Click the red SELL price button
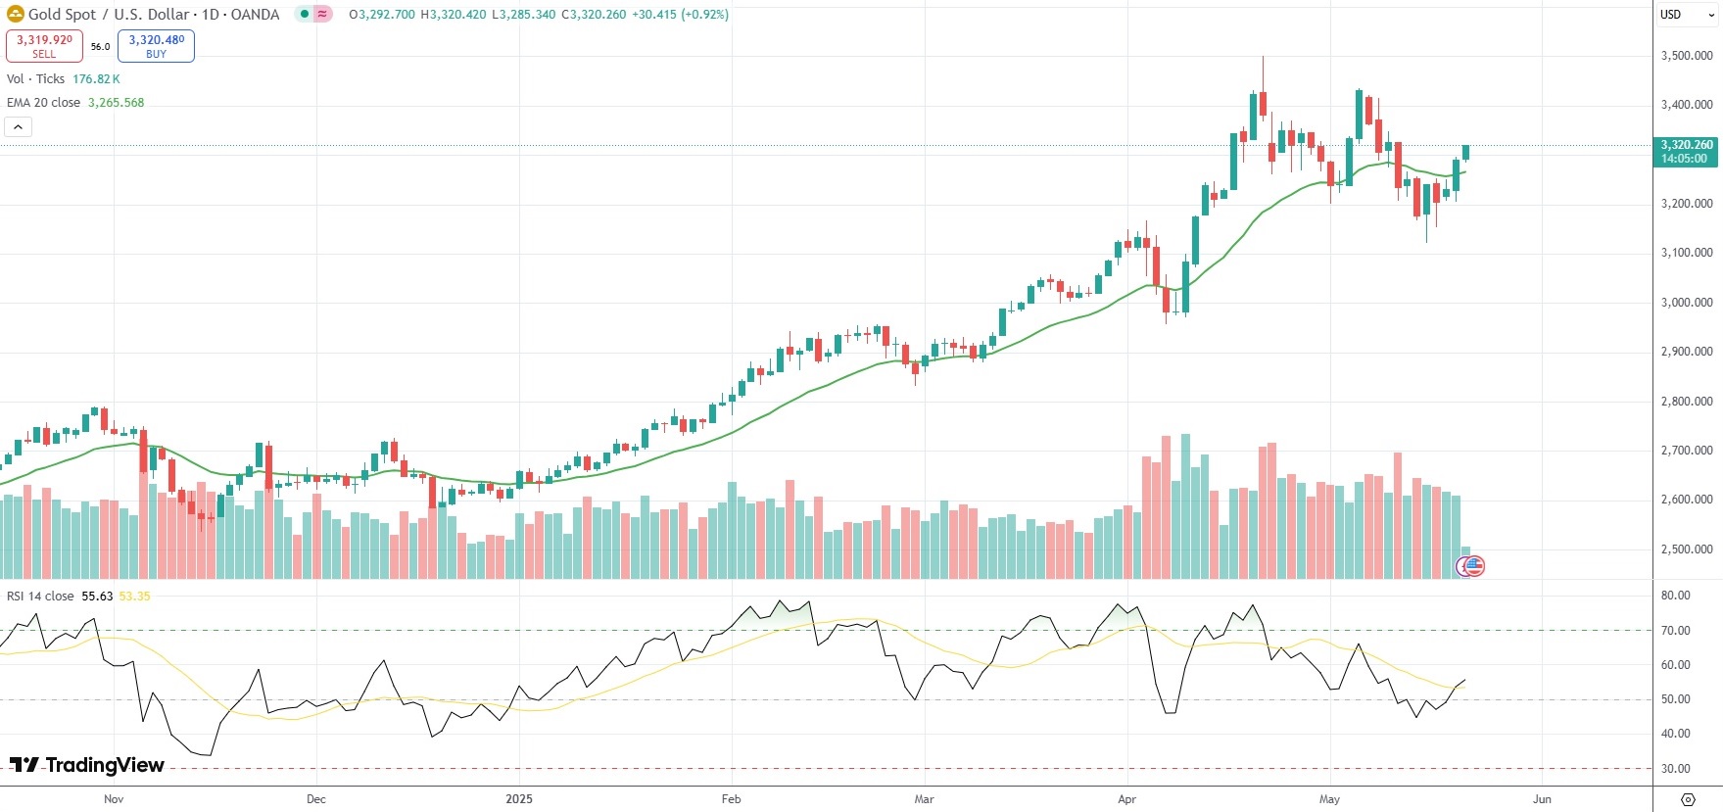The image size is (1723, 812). pos(44,45)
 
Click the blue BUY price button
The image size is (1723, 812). pos(156,45)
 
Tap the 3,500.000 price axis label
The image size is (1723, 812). pos(1687,56)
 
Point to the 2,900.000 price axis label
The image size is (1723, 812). pos(1687,352)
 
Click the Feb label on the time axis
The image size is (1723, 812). pos(731,799)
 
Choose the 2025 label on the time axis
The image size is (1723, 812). pos(519,799)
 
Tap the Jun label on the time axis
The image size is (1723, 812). pos(1542,799)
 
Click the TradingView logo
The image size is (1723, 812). pos(87,765)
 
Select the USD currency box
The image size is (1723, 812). pos(1671,15)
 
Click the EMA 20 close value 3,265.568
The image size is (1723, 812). pos(116,103)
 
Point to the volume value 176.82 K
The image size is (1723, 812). pos(96,79)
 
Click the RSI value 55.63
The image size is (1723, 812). pos(97,597)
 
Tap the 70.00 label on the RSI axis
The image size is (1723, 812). pos(1675,631)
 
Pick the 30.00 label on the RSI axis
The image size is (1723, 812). pos(1675,769)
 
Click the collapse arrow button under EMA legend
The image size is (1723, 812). pos(18,126)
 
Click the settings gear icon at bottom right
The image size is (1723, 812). pos(1688,799)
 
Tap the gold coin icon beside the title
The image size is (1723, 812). pos(15,15)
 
